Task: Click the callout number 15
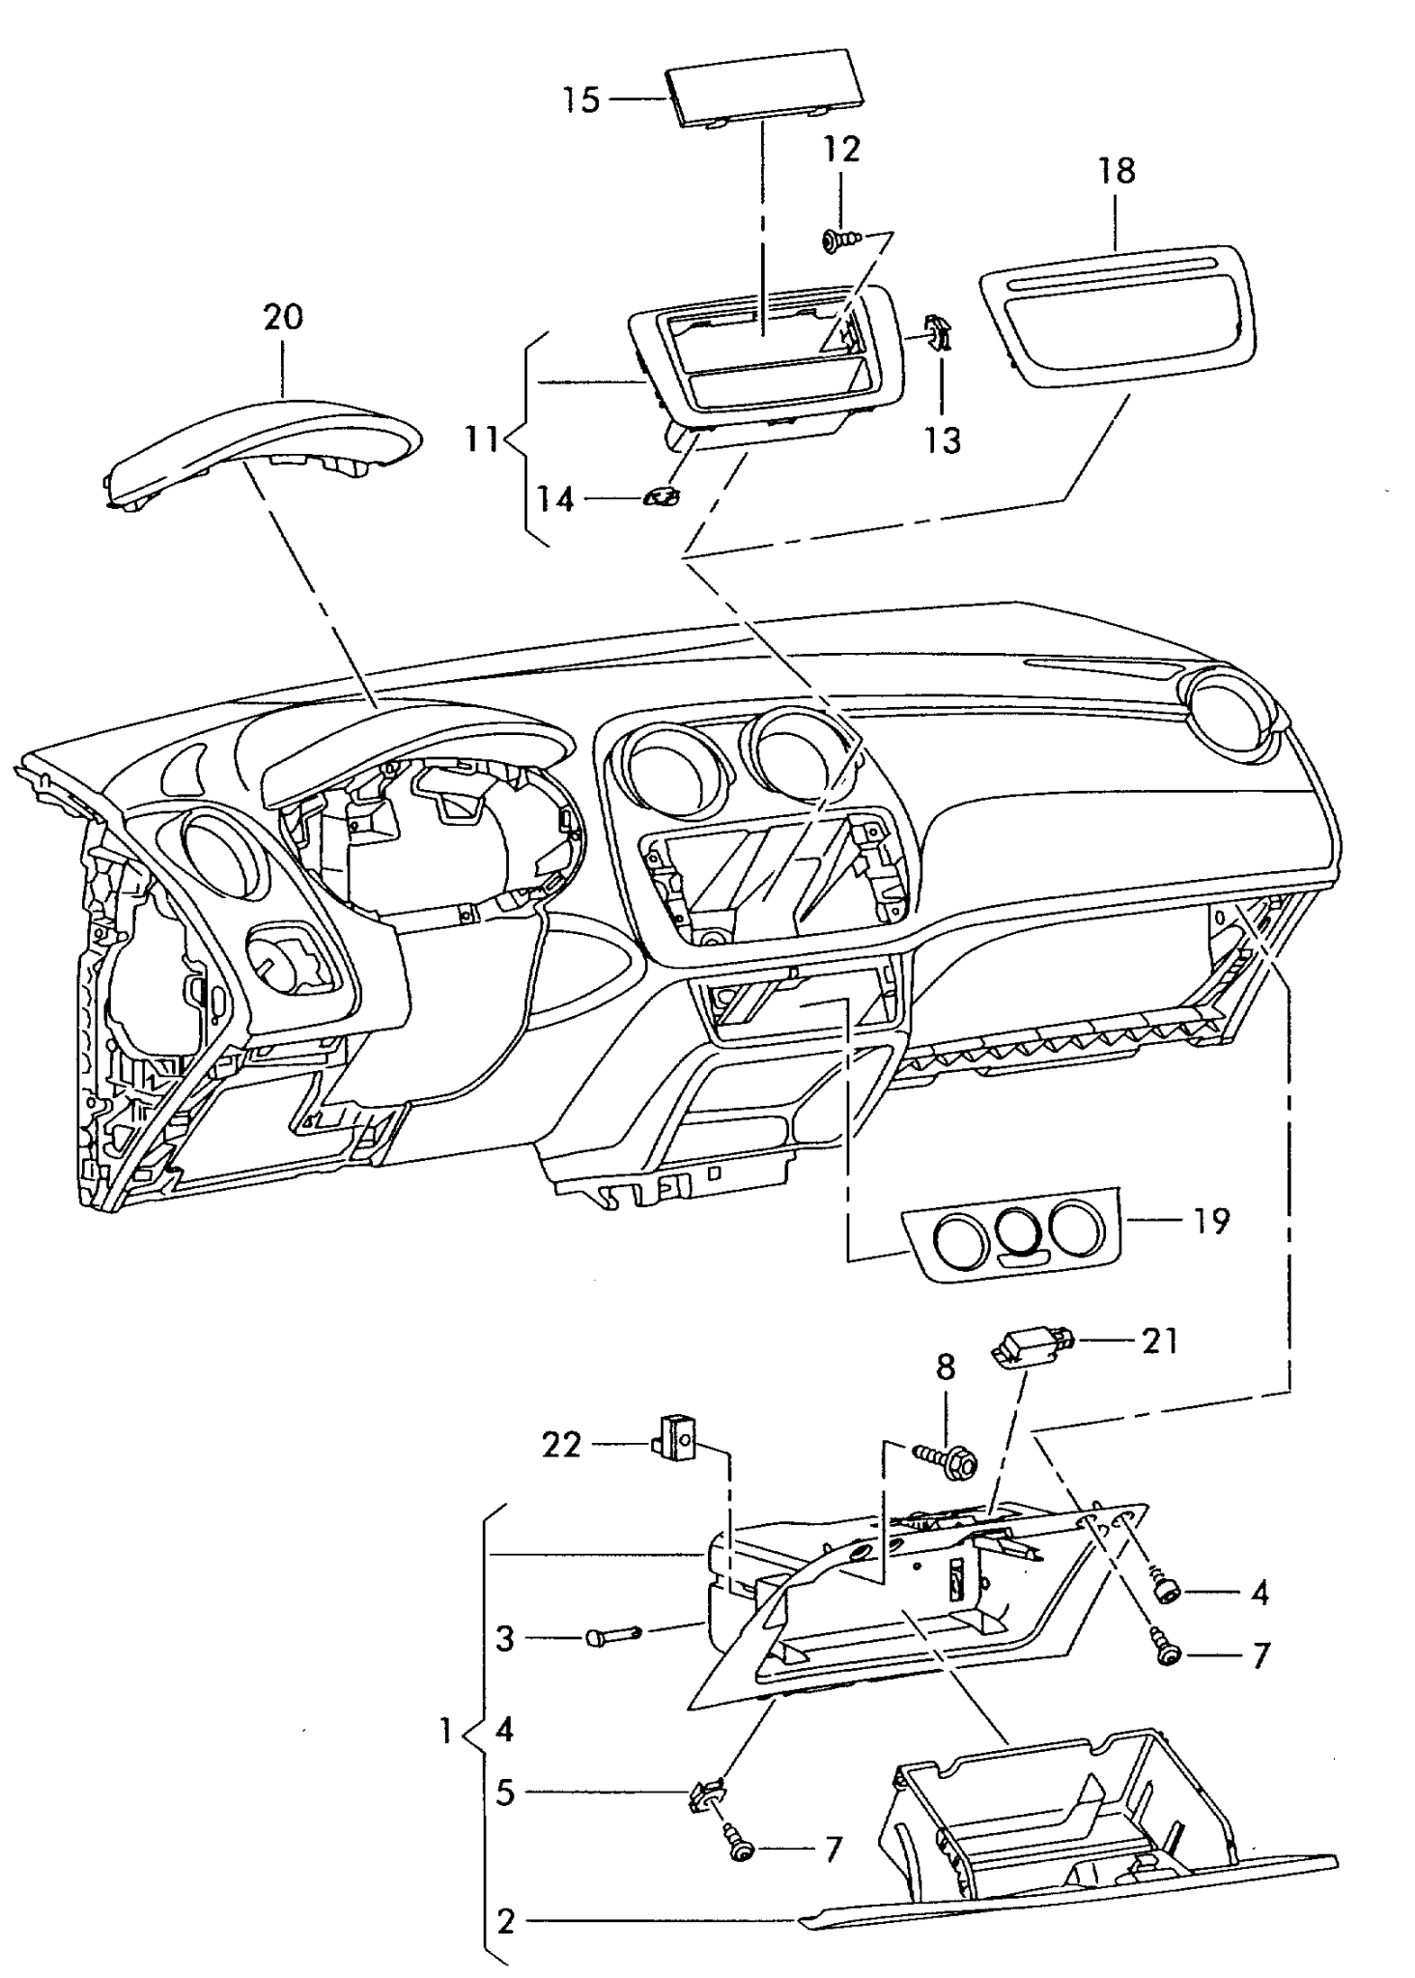pyautogui.click(x=582, y=99)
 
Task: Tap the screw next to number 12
pyautogui.click(x=835, y=240)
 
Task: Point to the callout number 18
pyautogui.click(x=1116, y=171)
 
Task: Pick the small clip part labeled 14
pyautogui.click(x=661, y=497)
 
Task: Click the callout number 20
pyautogui.click(x=283, y=317)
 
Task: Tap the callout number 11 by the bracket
pyautogui.click(x=480, y=439)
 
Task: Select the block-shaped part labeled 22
pyautogui.click(x=677, y=1446)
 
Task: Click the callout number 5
pyautogui.click(x=505, y=1794)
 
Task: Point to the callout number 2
pyautogui.click(x=506, y=1922)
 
